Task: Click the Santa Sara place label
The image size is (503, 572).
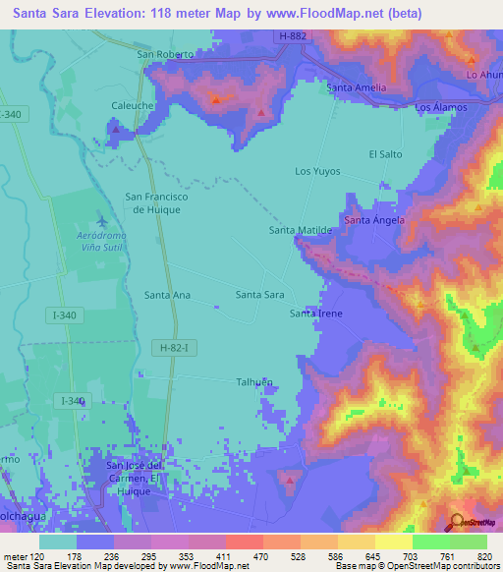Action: (260, 294)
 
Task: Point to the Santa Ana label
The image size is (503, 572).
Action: (167, 294)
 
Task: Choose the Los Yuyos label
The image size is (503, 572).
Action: (317, 171)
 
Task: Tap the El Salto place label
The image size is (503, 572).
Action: (385, 154)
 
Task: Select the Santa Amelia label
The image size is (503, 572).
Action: (356, 87)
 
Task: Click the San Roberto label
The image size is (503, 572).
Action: (165, 55)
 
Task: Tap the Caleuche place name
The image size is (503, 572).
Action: (132, 101)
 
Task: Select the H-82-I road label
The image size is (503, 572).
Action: (176, 347)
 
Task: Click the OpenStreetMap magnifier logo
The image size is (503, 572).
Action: (456, 521)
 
